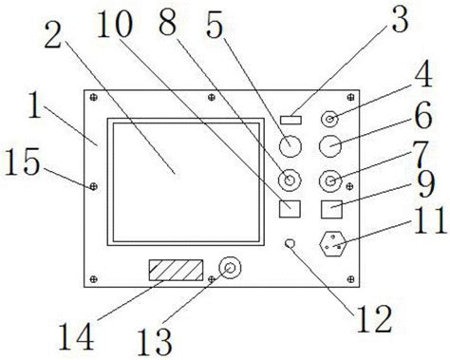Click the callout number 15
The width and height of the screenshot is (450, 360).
pos(23,161)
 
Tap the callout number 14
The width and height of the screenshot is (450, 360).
pos(76,335)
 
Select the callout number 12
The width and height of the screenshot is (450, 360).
pos(374,319)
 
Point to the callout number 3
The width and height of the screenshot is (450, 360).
pos(400,19)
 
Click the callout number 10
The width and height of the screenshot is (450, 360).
pos(114,24)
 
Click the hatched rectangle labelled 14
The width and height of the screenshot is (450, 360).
pos(176,270)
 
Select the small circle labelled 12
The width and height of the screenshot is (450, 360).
pos(290,243)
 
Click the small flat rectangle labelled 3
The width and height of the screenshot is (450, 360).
pos(291,120)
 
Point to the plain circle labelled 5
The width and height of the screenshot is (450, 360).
pos(291,145)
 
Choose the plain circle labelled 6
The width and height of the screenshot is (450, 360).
pos(330,145)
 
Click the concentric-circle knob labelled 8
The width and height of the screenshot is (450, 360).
pos(290,180)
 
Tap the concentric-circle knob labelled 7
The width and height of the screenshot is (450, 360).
pos(330,181)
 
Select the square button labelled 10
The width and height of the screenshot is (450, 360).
pos(290,209)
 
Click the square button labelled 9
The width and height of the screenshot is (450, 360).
pos(331,209)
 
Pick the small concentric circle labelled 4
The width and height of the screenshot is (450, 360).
pos(330,120)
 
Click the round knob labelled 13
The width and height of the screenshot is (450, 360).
pos(230,268)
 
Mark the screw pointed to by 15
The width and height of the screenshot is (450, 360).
pos(93,186)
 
